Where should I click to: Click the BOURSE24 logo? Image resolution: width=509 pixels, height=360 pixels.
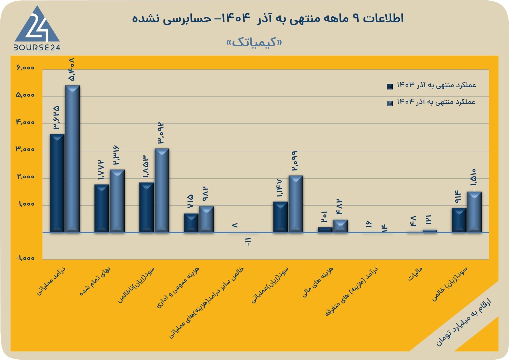pos(37,28)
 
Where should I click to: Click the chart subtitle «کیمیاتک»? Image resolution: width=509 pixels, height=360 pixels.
pos(254,42)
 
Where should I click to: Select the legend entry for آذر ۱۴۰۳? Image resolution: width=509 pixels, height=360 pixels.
pos(431,85)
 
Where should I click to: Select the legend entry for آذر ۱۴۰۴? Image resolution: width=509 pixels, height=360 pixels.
pos(431,102)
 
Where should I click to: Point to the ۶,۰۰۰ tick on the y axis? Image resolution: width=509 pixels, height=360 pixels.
pos(25,67)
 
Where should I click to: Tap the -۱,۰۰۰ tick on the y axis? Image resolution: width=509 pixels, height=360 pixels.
pos(25,258)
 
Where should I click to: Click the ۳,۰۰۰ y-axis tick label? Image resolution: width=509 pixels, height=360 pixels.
pos(25,149)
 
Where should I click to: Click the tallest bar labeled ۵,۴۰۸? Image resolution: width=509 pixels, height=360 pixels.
pos(72,159)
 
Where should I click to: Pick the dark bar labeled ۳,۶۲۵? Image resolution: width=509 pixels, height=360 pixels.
pos(57,183)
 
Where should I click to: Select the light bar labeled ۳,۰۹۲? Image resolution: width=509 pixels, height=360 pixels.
pos(162,190)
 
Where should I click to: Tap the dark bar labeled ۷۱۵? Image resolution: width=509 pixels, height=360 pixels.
pos(191,223)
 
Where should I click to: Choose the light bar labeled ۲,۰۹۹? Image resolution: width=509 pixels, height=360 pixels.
pos(296,204)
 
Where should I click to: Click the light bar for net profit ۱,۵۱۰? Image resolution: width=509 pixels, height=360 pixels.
pos(474,212)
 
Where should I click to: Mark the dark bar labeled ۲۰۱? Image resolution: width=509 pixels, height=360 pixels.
pos(325,230)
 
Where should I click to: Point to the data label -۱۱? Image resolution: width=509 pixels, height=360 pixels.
pos(248,242)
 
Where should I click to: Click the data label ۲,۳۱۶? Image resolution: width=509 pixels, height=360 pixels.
pos(116,155)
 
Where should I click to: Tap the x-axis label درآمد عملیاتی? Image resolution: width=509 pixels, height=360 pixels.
pos(51,281)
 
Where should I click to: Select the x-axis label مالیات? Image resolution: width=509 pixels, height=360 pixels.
pos(415,274)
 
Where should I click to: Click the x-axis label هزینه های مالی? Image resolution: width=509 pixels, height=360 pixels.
pos(318,282)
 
